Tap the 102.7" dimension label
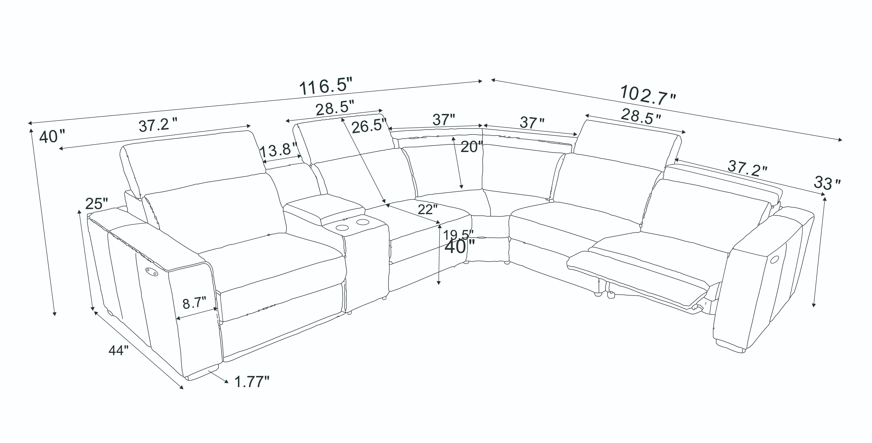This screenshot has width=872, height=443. (x=648, y=95)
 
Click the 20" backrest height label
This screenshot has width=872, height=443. (x=471, y=147)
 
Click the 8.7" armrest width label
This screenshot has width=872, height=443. (x=194, y=303)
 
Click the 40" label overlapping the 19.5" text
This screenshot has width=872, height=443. (x=459, y=247)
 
